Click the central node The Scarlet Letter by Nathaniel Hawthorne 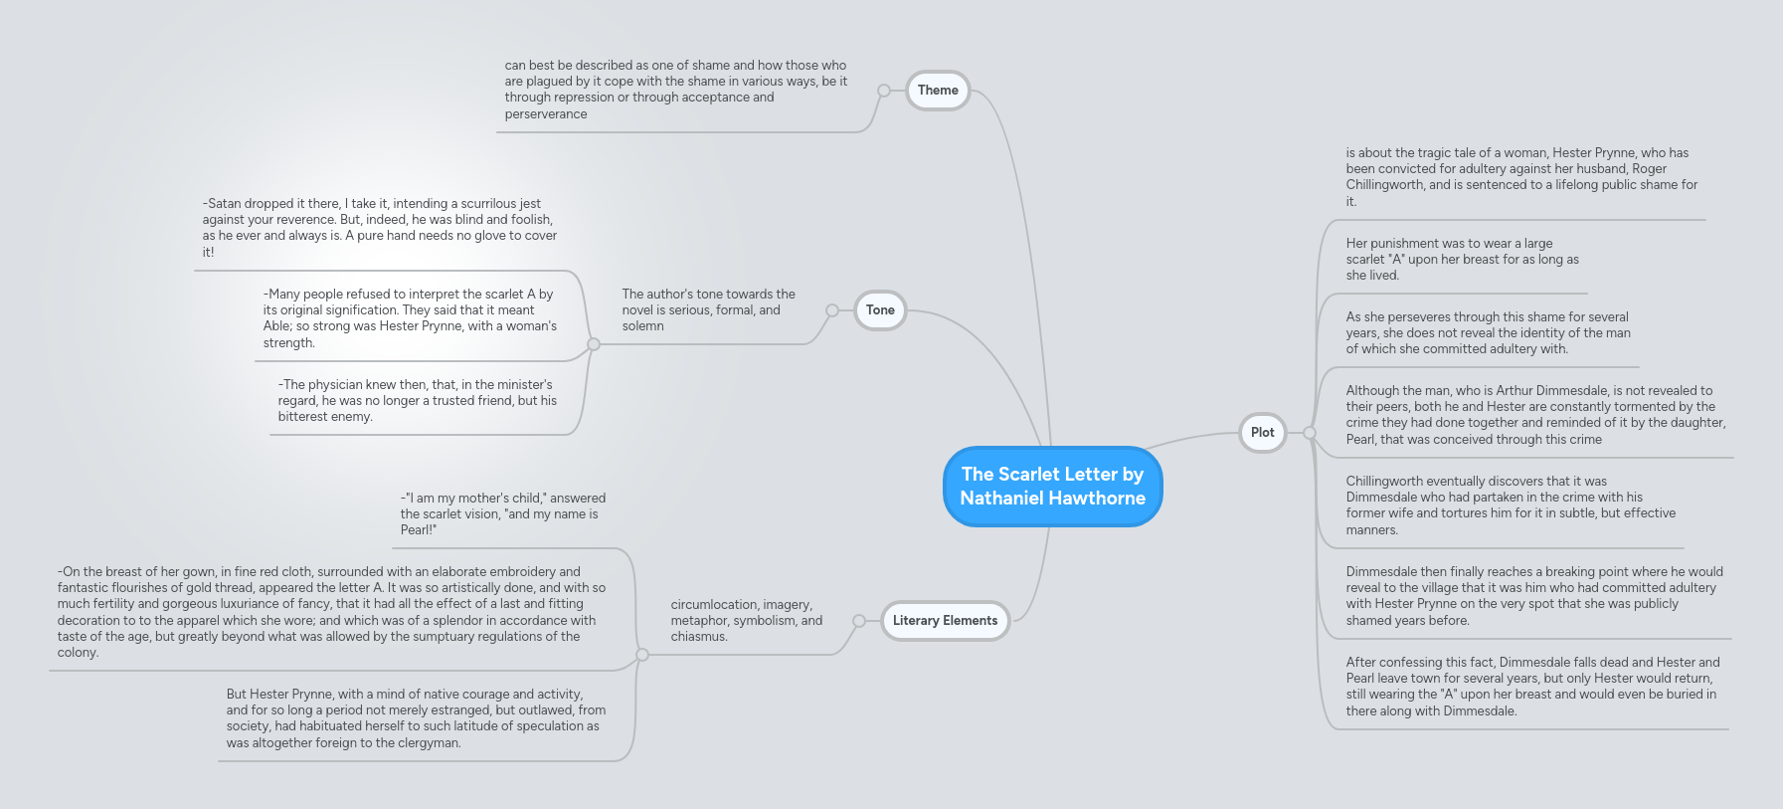click(1052, 487)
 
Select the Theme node click(938, 91)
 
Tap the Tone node click(880, 310)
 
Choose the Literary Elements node click(945, 621)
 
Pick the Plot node click(1262, 433)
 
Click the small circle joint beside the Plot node click(1310, 433)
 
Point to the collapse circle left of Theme click(883, 91)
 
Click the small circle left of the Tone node click(832, 310)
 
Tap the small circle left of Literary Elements click(859, 621)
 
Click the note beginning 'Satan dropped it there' click(380, 228)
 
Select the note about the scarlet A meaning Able click(410, 318)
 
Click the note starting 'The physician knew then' click(418, 401)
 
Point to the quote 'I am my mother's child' click(503, 514)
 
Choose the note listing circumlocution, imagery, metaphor click(747, 621)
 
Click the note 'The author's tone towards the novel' click(709, 310)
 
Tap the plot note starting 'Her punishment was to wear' click(1463, 260)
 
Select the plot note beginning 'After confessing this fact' click(1532, 687)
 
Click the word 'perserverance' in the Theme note click(546, 114)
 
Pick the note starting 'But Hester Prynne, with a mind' click(416, 718)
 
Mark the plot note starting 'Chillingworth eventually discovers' click(1511, 506)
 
